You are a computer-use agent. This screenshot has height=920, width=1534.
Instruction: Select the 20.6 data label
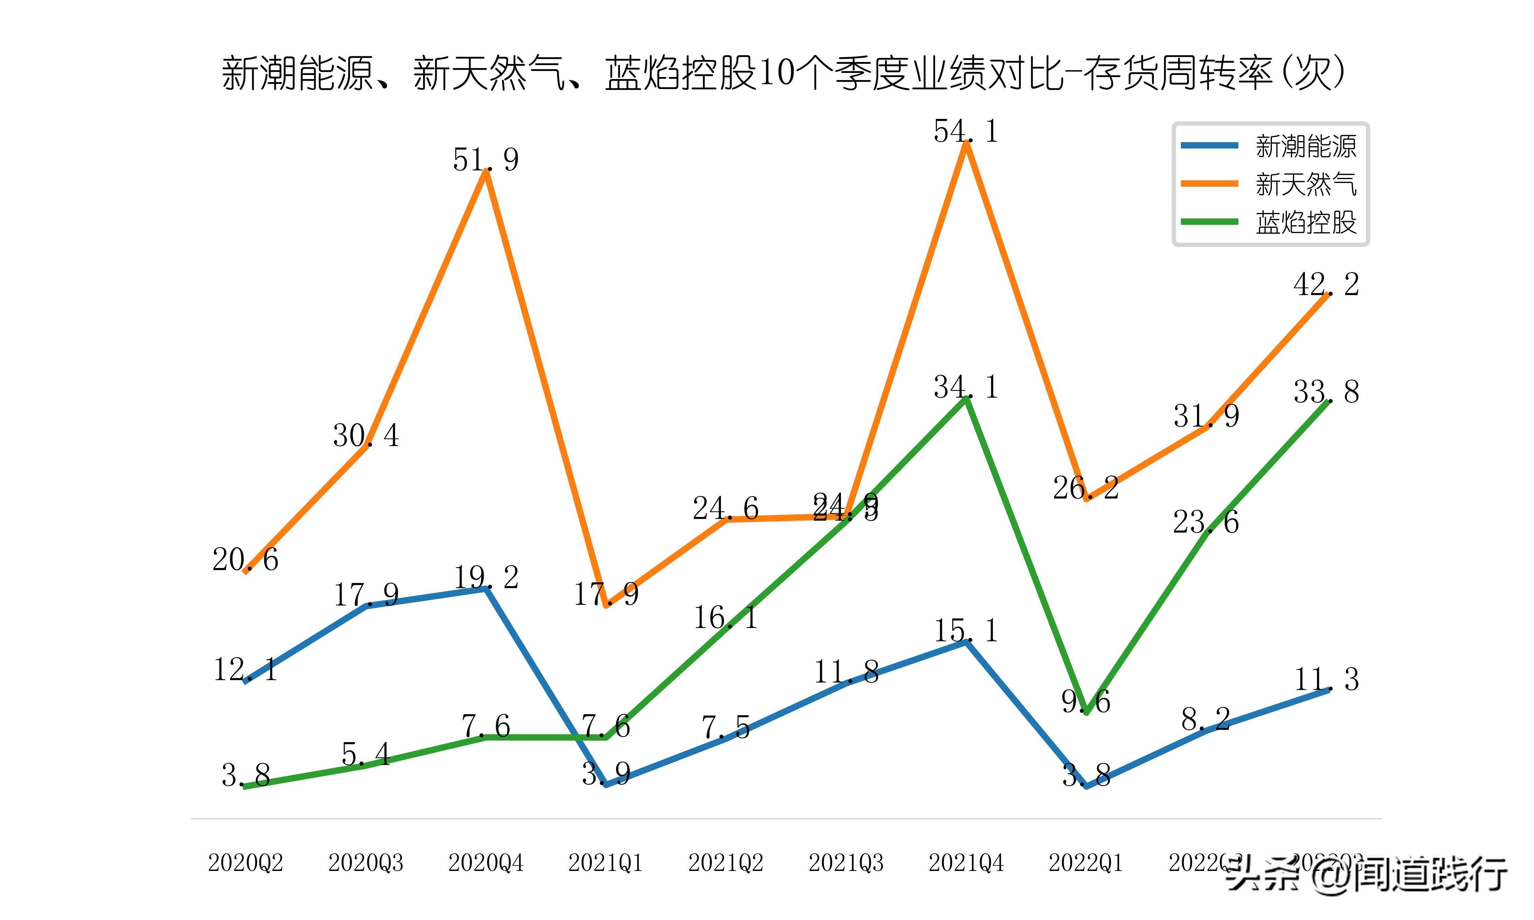pos(245,560)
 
